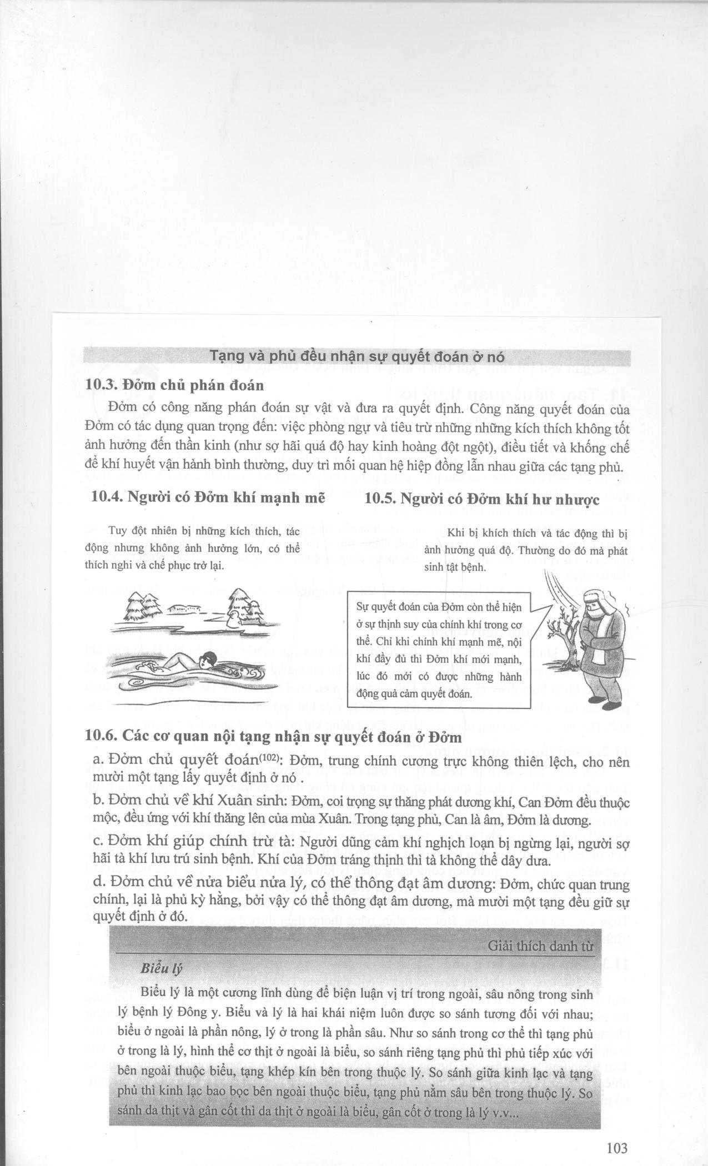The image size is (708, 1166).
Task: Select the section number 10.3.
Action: (x=102, y=384)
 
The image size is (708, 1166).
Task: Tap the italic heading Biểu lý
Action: (x=162, y=969)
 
